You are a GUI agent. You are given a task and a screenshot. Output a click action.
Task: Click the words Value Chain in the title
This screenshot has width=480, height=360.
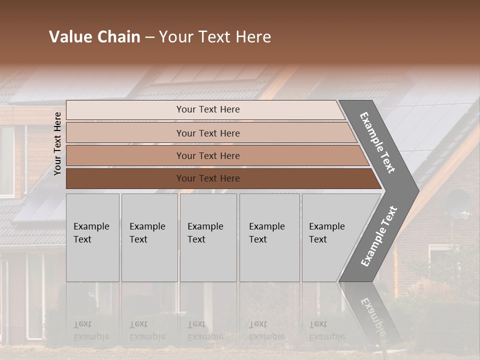click(x=94, y=37)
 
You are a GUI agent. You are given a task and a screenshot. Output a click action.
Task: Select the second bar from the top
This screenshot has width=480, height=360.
click(x=207, y=133)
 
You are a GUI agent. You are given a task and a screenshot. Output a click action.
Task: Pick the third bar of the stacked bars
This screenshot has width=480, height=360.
click(x=207, y=155)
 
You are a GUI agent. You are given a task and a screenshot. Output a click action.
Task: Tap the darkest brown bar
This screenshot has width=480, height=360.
click(x=207, y=178)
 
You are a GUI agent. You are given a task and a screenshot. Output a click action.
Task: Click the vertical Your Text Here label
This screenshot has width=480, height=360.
click(x=57, y=143)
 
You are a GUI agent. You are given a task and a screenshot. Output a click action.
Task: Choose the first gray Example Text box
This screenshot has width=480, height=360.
click(x=92, y=237)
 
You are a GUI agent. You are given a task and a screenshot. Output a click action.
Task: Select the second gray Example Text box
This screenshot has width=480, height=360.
click(x=149, y=237)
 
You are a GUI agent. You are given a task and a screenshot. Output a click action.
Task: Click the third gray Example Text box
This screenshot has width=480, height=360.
click(x=208, y=237)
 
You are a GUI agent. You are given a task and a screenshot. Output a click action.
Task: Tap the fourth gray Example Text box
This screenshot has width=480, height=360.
click(x=269, y=237)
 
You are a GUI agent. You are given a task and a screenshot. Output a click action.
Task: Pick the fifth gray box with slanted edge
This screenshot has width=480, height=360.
click(x=330, y=237)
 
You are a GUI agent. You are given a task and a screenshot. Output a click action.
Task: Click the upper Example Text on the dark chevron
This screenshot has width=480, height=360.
click(x=377, y=142)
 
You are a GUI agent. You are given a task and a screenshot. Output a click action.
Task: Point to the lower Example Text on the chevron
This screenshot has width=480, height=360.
click(x=378, y=236)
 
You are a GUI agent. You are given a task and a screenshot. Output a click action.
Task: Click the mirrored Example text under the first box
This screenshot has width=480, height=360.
click(x=91, y=330)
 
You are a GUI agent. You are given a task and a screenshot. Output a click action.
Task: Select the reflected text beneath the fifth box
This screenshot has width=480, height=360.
click(x=326, y=330)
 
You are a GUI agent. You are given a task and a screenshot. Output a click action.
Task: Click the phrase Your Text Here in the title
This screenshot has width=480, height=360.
click(x=215, y=37)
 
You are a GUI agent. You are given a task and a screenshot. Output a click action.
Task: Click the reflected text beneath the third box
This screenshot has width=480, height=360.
click(x=205, y=330)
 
